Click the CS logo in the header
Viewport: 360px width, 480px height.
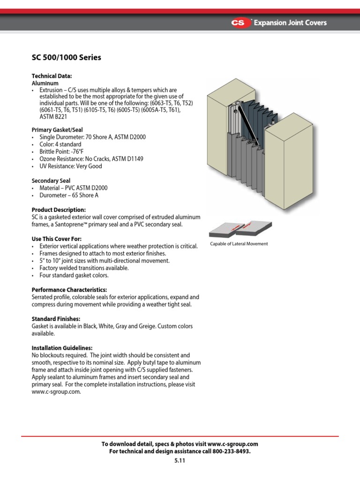pyautogui.click(x=240, y=22)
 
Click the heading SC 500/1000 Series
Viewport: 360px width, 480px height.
pyautogui.click(x=66, y=58)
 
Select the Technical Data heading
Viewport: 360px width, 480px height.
pyautogui.click(x=52, y=76)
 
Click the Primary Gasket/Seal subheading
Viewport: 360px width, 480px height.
pyautogui.click(x=57, y=130)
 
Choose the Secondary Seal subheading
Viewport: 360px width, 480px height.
pyautogui.click(x=51, y=180)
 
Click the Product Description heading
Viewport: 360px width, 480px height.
pyautogui.click(x=59, y=210)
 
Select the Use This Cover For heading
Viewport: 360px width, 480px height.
pyautogui.click(x=56, y=239)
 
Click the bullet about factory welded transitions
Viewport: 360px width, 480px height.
pyautogui.click(x=84, y=268)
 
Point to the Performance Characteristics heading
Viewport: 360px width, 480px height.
pyautogui.click(x=69, y=290)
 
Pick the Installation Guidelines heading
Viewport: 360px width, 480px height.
pyautogui.click(x=62, y=348)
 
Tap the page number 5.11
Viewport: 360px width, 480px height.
pyautogui.click(x=180, y=460)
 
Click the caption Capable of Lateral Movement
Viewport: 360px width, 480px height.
pyautogui.click(x=239, y=244)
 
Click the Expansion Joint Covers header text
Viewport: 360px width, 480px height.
pyautogui.click(x=290, y=22)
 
